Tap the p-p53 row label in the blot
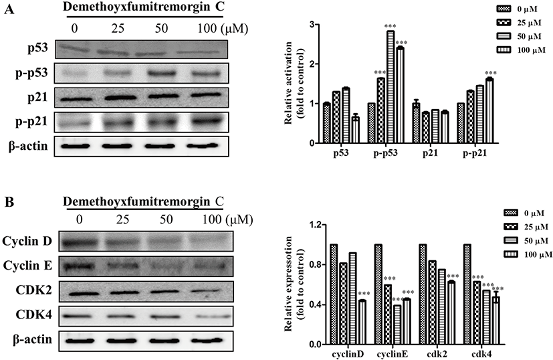point(31,73)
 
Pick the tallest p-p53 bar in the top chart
point(390,86)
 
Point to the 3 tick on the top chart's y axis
point(312,25)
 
